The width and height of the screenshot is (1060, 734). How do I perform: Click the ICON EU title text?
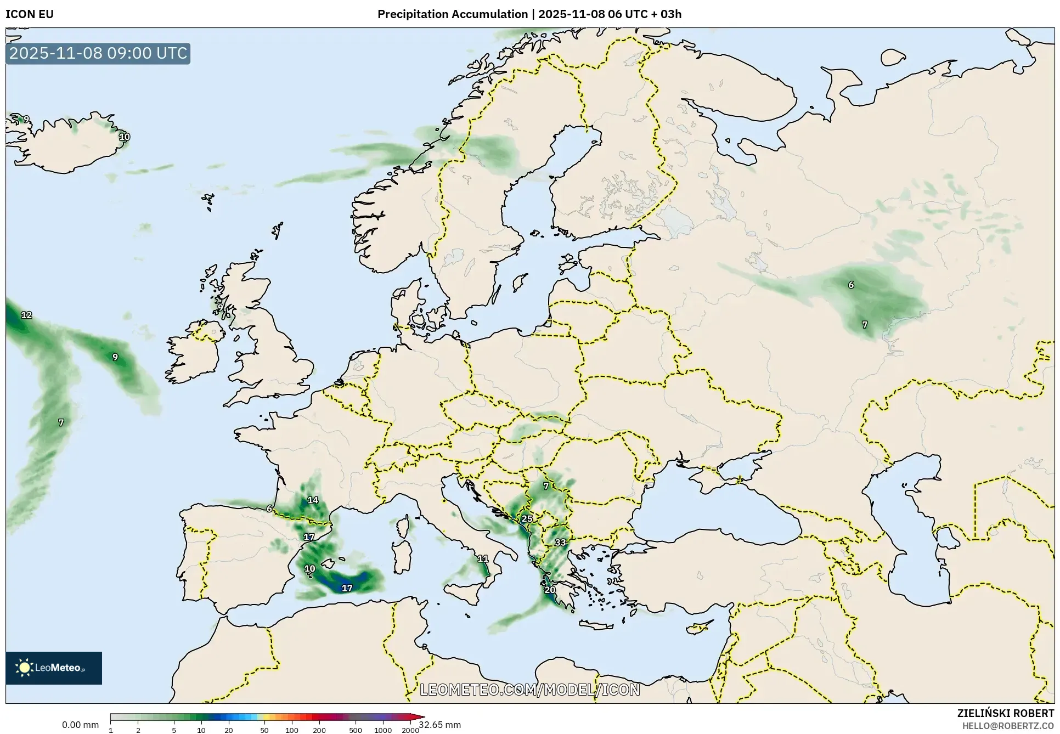tap(30, 14)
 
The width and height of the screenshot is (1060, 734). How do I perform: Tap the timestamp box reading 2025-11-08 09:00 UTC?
tap(98, 53)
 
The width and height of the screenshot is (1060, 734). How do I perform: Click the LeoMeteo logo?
tap(54, 668)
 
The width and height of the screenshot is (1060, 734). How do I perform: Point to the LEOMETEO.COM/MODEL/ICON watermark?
tap(530, 690)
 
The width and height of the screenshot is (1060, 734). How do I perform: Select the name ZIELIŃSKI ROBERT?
tap(1005, 713)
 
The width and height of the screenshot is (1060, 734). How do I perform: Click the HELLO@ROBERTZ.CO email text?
tap(1008, 726)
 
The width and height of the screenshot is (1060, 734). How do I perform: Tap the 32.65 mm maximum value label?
tap(439, 725)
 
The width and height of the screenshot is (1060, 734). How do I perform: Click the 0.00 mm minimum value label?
tap(80, 725)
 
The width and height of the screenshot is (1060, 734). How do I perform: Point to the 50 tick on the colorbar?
tap(264, 730)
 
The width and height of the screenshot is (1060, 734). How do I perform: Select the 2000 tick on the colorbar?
tap(410, 730)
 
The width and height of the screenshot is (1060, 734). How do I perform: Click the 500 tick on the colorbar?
tap(356, 730)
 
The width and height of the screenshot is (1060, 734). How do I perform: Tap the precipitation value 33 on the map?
tap(560, 543)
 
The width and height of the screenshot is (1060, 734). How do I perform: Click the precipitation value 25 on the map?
tap(527, 518)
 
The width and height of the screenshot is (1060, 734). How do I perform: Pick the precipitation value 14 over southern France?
tap(313, 500)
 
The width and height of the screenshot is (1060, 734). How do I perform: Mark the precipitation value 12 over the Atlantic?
tap(26, 315)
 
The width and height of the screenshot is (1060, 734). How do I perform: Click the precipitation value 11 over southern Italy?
tap(483, 558)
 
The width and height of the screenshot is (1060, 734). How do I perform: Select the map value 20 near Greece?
tap(550, 590)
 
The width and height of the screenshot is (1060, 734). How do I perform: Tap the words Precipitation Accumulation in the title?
tap(452, 14)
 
